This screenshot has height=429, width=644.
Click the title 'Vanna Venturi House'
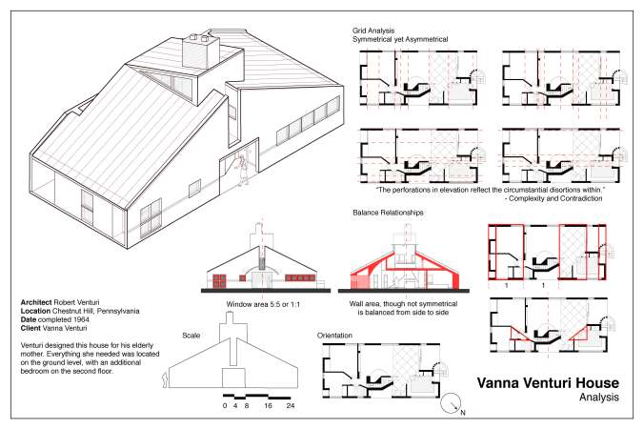(540, 382)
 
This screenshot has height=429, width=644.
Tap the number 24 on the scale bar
(290, 406)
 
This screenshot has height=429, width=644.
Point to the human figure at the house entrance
(245, 165)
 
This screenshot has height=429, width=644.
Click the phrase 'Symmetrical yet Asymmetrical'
(400, 39)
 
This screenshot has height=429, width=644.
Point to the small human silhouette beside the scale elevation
(168, 380)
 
